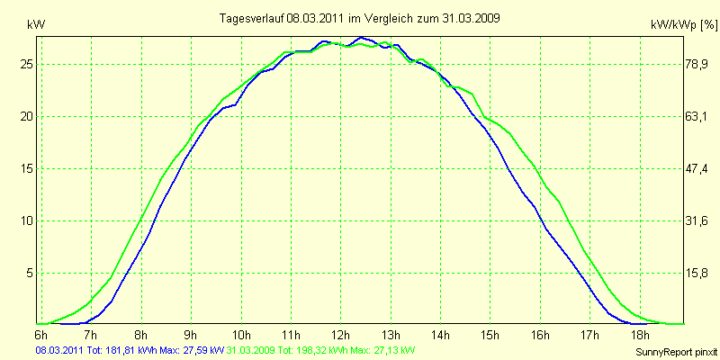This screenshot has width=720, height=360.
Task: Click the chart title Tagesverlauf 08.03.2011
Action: [x=360, y=17]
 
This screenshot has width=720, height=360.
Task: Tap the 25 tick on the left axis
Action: [x=27, y=65]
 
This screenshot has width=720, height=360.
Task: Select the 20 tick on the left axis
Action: [x=27, y=117]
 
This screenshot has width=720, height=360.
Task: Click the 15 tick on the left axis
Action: [x=27, y=168]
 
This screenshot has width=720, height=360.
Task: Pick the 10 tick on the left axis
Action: [x=27, y=220]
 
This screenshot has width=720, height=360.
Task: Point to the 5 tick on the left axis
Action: [x=30, y=273]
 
